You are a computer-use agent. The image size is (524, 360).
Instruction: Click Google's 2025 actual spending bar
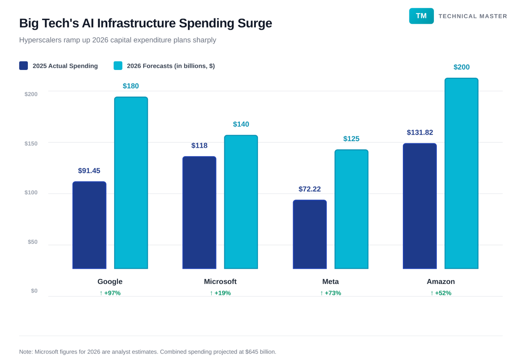point(89,225)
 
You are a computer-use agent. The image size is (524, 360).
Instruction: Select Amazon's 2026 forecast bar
point(461,173)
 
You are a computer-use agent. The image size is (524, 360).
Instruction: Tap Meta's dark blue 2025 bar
point(309,234)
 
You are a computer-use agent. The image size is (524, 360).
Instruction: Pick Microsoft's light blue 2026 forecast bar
point(241,202)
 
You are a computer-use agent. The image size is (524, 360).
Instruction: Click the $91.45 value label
point(89,171)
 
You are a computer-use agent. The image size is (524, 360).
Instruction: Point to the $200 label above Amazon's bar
point(461,67)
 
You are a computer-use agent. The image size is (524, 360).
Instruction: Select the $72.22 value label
point(309,189)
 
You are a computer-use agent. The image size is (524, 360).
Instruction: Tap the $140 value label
point(241,124)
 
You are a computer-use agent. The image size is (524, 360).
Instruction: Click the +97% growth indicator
point(110,293)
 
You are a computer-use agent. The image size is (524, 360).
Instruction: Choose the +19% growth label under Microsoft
point(220,293)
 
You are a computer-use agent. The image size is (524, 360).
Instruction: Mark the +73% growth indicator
point(330,293)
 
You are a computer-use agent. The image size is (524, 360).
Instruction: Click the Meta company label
point(330,281)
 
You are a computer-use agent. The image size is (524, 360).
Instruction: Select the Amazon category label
point(440,281)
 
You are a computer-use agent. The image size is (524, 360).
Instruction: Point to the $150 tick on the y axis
point(31,144)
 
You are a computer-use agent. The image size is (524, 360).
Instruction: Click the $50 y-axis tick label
point(32,242)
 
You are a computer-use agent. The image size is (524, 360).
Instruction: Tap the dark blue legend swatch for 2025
point(23,65)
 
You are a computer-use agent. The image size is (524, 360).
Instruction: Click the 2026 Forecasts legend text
point(171,66)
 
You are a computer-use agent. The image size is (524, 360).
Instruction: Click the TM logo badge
point(421,16)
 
